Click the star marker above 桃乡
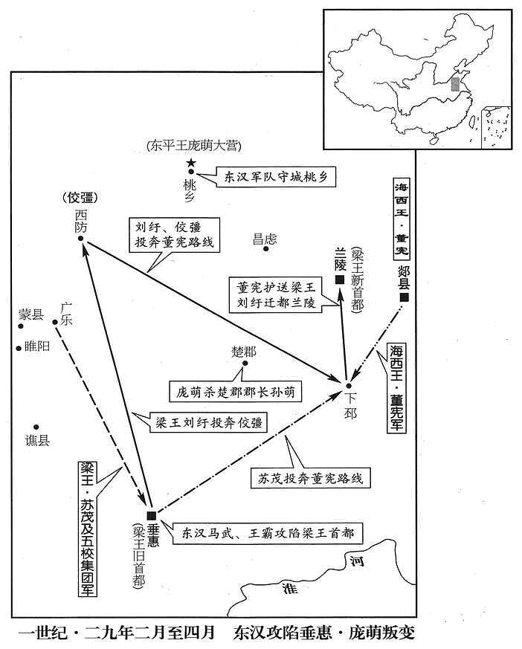point(191,163)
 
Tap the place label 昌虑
point(265,239)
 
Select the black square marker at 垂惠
point(152,515)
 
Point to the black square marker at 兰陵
point(340,280)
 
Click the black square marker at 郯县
point(404,297)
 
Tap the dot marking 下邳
point(349,386)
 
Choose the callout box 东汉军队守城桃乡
point(276,178)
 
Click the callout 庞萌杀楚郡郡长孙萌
point(235,392)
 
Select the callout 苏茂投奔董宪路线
point(311,479)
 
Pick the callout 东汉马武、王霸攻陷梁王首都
point(268,533)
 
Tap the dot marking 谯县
point(36,427)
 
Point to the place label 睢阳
point(37,346)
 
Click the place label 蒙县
point(31,314)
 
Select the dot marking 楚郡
point(245,363)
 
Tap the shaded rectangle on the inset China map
point(456,84)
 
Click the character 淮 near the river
point(289,588)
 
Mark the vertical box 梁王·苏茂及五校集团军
point(87,528)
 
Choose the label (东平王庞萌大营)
point(194,146)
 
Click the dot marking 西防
point(81,239)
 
